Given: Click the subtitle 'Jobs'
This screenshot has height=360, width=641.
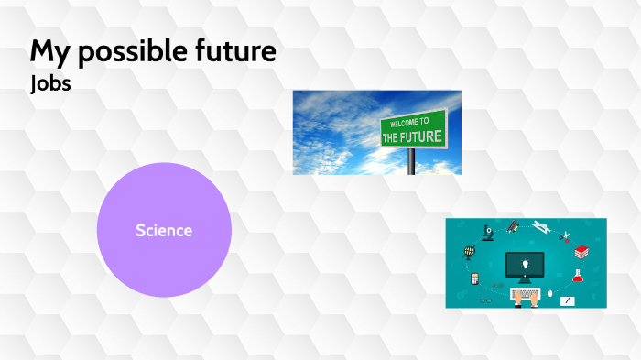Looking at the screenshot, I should tap(50, 82).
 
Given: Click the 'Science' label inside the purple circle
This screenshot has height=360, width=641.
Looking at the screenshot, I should tap(164, 230).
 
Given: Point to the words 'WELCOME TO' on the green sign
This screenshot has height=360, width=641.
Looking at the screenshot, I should tap(409, 122).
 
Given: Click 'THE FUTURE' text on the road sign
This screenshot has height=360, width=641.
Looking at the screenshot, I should tap(412, 137).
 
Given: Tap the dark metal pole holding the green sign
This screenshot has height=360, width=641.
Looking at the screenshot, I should tap(412, 161).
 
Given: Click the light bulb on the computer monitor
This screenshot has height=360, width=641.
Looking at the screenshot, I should tap(525, 264).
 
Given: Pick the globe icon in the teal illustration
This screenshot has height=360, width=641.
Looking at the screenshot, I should tap(470, 251).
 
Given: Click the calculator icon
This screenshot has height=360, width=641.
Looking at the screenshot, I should tap(474, 278).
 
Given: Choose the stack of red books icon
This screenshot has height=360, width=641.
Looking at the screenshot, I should tap(581, 252).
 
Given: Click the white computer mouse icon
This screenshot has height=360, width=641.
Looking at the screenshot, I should tap(550, 294).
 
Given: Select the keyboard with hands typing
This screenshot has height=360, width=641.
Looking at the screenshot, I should tap(525, 296).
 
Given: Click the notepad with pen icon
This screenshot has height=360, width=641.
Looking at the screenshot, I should tap(569, 300).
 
